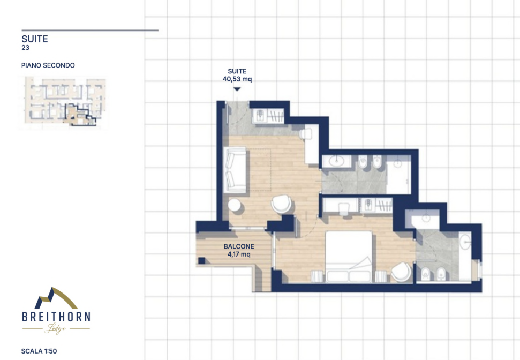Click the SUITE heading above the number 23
click(35, 39)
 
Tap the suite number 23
click(26, 48)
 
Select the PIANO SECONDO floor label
click(48, 65)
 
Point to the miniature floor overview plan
click(65, 102)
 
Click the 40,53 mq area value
click(237, 79)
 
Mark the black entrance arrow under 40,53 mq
click(237, 89)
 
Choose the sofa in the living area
click(236, 169)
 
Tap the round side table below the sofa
click(235, 205)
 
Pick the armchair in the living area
click(281, 204)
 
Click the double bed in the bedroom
click(349, 257)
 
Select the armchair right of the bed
click(401, 272)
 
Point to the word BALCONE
click(239, 246)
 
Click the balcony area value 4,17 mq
click(239, 254)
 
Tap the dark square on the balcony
click(202, 260)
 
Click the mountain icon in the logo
click(55, 298)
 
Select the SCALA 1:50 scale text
click(39, 351)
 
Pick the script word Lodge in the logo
click(55, 328)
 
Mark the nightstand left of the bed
click(316, 276)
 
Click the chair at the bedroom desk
click(344, 209)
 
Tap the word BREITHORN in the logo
click(56, 317)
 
